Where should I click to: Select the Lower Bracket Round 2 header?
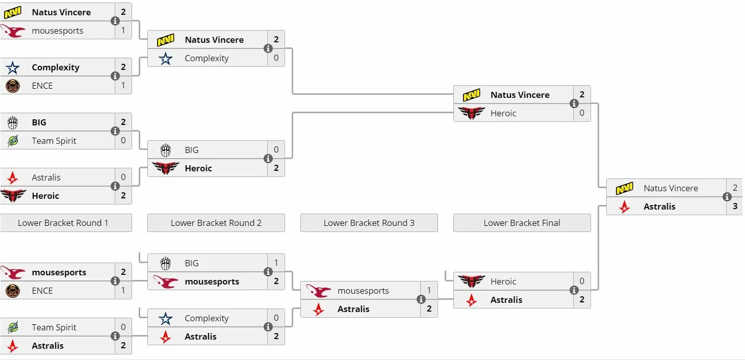pos(216,223)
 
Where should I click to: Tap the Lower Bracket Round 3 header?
pos(369,223)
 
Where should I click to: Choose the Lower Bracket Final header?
pos(522,223)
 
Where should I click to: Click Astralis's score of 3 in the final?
pos(735,207)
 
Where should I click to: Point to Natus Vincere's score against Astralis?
pos(735,188)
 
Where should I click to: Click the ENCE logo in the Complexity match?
pos(13,86)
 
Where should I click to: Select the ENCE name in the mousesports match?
pos(42,291)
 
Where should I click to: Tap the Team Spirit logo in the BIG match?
pos(13,141)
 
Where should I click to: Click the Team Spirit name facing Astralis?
pos(54,327)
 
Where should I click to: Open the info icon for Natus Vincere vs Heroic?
pos(574,104)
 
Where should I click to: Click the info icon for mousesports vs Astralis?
pos(421,299)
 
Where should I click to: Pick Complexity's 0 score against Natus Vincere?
pos(276,58)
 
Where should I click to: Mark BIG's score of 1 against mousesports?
pos(276,263)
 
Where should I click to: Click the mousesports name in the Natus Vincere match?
pos(58,31)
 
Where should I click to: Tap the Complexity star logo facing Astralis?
pos(165,318)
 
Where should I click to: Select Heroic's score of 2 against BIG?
pos(276,168)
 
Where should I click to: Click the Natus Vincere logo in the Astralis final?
pos(624,188)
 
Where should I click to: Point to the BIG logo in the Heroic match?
pos(165,150)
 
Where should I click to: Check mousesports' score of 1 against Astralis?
pos(429,291)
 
